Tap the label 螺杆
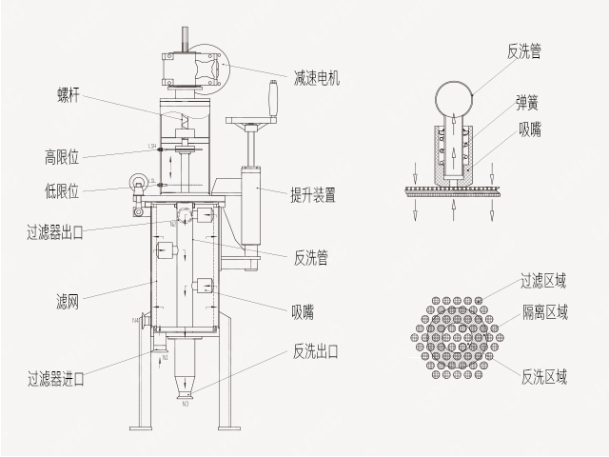coord(70,94)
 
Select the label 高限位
coord(62,155)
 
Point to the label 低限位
coord(62,189)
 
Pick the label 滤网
coord(68,303)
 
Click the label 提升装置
coord(312,196)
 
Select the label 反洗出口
coord(316,351)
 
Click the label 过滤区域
coord(543,280)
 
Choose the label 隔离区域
coord(545,310)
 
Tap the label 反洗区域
coord(544,377)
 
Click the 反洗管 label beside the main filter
coord(311,257)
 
